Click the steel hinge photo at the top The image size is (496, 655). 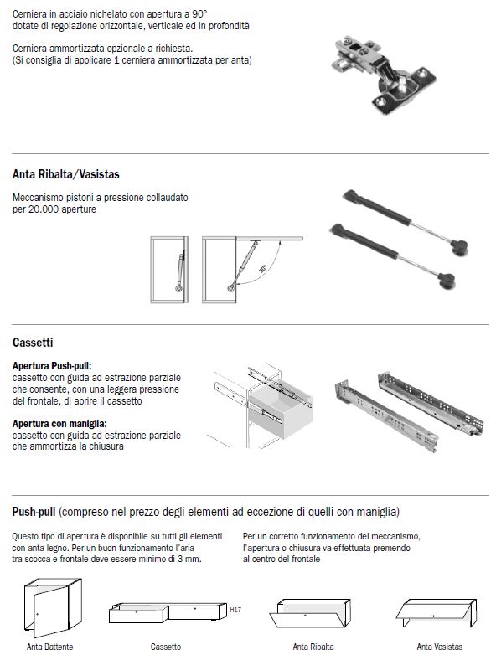click(x=383, y=75)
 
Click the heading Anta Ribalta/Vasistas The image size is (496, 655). click(x=66, y=174)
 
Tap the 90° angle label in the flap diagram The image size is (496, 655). click(x=262, y=268)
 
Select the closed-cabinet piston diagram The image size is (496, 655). click(x=169, y=270)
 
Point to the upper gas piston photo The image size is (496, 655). click(x=405, y=221)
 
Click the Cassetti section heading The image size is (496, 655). click(x=33, y=343)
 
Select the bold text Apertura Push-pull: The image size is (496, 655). click(x=52, y=366)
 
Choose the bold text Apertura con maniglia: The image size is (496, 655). click(x=59, y=424)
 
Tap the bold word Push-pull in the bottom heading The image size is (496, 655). click(x=34, y=512)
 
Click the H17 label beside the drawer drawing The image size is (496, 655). click(x=235, y=610)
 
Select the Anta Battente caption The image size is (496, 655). click(x=49, y=647)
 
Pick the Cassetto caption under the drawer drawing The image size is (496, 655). click(x=166, y=647)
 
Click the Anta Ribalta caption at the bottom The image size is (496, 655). click(x=313, y=647)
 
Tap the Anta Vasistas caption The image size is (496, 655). click(x=440, y=647)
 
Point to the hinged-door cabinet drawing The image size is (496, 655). click(x=53, y=608)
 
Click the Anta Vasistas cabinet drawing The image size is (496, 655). click(x=437, y=613)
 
